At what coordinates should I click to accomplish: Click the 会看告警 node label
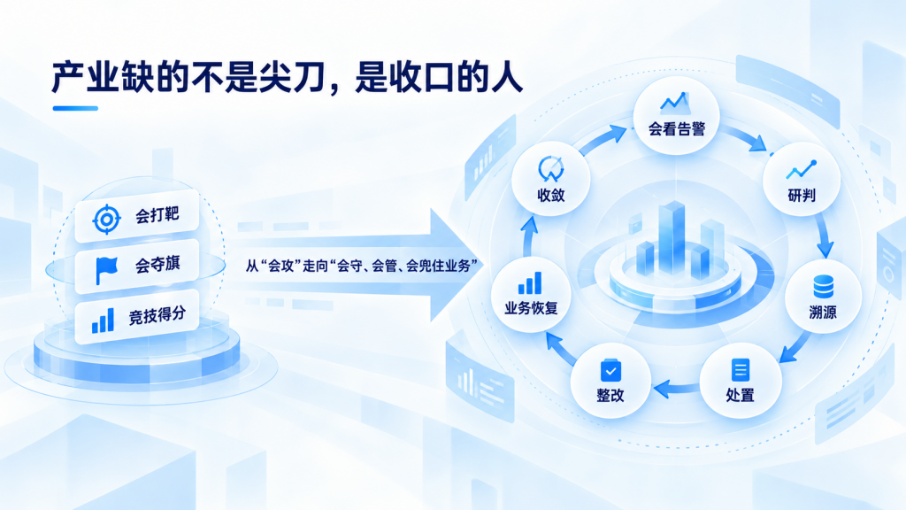677,129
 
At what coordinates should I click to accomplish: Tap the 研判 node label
802,196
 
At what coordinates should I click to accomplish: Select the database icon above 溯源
823,287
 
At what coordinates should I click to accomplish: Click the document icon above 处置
741,369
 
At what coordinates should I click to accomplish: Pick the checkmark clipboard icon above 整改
610,371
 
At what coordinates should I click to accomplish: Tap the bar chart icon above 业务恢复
530,283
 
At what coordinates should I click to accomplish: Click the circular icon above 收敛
550,169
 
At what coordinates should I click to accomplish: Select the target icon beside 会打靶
107,220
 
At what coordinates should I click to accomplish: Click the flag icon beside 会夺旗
107,270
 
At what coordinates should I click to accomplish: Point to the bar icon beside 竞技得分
103,321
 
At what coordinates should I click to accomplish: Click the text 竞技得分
157,315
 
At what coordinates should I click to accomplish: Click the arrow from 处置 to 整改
677,388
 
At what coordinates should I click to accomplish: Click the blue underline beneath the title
75,108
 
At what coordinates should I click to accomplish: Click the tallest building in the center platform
672,237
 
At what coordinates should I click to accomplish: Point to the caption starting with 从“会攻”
362,266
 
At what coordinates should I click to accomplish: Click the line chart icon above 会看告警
675,103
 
